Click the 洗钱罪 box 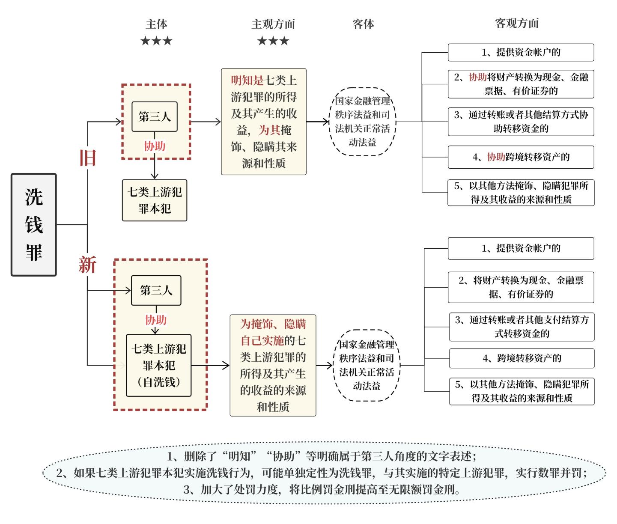click(x=34, y=225)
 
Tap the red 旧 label click(x=88, y=158)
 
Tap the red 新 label click(x=87, y=265)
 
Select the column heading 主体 click(x=156, y=24)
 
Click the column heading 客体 click(x=363, y=24)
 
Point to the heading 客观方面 click(x=517, y=23)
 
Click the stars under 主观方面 click(x=273, y=41)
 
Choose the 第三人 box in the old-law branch click(x=155, y=117)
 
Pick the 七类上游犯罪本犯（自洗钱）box click(x=159, y=366)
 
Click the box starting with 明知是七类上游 click(x=264, y=122)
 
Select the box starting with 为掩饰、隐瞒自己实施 click(x=273, y=365)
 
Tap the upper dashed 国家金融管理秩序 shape click(x=362, y=122)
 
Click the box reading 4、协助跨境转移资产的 click(x=521, y=157)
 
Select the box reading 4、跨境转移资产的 click(x=522, y=358)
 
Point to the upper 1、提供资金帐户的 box click(x=521, y=53)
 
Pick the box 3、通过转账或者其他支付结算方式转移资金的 click(x=522, y=327)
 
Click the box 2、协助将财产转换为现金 click(x=521, y=84)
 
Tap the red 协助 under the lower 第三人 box click(x=156, y=320)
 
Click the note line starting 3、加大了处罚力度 click(x=322, y=490)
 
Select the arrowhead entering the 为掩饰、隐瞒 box click(x=226, y=365)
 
